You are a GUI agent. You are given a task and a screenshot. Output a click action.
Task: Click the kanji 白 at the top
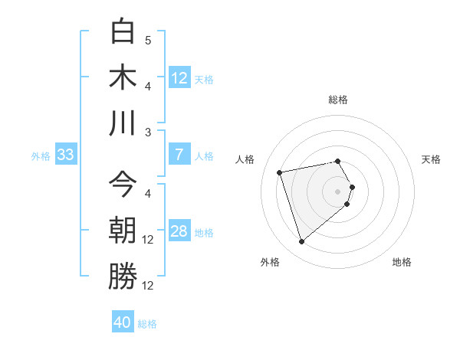123,32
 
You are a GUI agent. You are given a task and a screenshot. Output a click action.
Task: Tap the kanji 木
123,77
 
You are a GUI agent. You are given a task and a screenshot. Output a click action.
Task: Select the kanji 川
123,123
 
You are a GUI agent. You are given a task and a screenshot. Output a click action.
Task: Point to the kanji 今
123,185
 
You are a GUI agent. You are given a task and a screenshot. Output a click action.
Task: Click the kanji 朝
123,231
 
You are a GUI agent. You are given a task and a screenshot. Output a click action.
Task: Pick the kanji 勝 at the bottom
123,277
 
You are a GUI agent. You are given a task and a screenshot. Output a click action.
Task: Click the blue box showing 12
179,77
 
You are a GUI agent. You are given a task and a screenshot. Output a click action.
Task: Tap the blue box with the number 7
179,155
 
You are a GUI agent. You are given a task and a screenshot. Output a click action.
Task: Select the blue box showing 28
179,231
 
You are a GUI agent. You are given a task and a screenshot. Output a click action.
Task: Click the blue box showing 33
65,155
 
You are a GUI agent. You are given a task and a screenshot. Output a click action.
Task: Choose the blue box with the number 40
123,322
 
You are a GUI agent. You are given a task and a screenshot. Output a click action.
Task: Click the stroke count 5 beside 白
148,40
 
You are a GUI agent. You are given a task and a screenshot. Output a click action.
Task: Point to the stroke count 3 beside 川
148,132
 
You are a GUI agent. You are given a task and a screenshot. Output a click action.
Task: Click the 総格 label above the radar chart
338,100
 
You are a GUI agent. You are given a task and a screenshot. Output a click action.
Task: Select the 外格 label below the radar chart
270,262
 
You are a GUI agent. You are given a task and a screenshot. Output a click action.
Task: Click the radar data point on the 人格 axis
280,172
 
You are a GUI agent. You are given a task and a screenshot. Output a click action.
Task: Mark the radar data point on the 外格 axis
301,242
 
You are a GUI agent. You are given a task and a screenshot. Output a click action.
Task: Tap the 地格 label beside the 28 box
204,232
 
